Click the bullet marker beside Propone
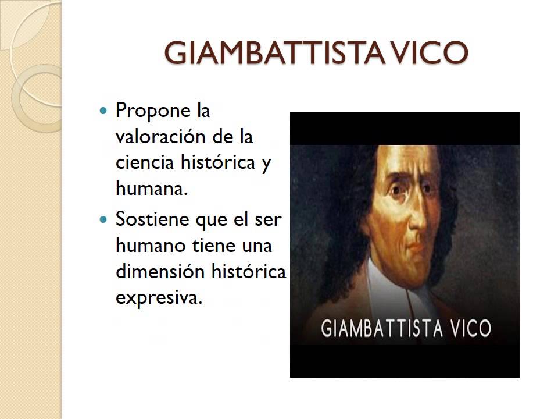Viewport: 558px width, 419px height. (104, 109)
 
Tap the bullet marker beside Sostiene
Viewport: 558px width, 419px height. (104, 220)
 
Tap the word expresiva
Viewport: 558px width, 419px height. (158, 298)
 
